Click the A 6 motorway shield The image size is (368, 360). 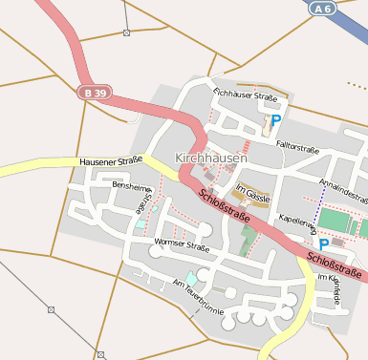tap(326, 8)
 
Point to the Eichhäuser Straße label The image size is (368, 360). tap(245, 96)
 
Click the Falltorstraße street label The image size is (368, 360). tap(296, 148)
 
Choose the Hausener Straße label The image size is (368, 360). tap(111, 160)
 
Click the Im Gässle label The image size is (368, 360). tap(252, 195)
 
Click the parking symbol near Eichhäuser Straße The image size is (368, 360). tap(275, 121)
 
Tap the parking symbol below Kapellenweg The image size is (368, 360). tap(323, 244)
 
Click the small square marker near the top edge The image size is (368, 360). tap(127, 32)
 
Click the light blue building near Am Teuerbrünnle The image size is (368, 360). tap(191, 279)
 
